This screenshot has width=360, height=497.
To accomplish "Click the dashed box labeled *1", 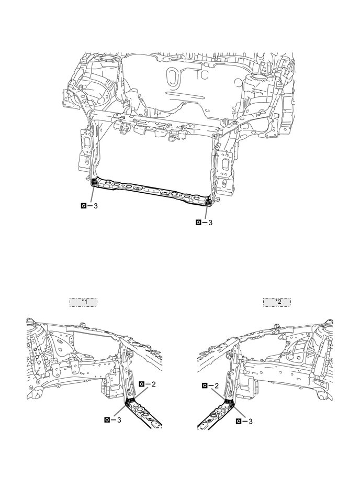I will tap(83, 302).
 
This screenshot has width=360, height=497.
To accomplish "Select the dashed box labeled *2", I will tap(277, 302).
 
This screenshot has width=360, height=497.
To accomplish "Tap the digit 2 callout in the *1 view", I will tap(153, 384).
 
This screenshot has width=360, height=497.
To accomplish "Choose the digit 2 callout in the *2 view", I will tap(216, 385).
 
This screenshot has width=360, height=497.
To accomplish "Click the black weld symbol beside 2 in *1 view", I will tap(142, 384).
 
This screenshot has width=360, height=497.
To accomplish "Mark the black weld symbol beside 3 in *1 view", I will tap(108, 419).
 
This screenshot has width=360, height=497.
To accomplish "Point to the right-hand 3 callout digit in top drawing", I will tap(210, 222).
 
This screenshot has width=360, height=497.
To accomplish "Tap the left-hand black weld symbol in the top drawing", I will tap(84, 206).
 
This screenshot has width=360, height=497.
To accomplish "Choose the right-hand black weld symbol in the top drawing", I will tap(199, 222).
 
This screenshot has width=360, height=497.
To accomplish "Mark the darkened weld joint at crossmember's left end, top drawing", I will tap(95, 182).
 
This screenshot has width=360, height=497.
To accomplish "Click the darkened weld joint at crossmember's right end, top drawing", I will tap(208, 201).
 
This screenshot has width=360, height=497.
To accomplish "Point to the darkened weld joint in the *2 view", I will tap(229, 403).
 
